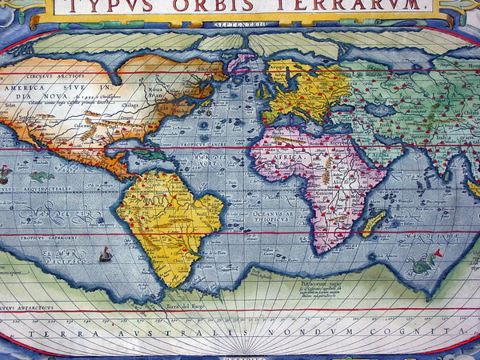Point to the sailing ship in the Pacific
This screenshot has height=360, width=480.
click(105, 254)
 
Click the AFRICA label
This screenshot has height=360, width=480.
click(290, 158)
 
